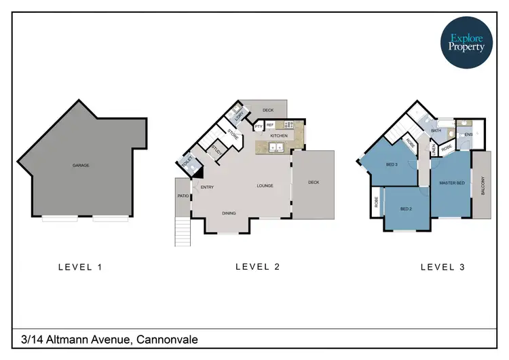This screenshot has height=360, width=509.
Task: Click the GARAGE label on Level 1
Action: (x=81, y=165)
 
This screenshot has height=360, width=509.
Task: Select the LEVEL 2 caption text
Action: (x=257, y=267)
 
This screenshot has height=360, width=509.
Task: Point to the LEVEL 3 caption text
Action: (x=442, y=267)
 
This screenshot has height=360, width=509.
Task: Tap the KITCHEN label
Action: (x=279, y=136)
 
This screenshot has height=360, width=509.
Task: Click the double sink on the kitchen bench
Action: (x=276, y=147)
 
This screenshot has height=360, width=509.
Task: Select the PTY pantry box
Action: (x=259, y=126)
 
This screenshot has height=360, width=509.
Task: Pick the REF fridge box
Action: (x=269, y=125)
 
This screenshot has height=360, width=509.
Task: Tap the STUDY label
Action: (x=216, y=151)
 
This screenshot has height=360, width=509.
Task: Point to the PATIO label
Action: (x=182, y=196)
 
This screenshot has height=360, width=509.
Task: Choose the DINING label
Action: (x=229, y=213)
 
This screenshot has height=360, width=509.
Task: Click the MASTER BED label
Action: (x=451, y=183)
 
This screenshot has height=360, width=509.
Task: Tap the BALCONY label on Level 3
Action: (x=483, y=186)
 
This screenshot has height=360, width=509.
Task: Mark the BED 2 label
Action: (x=407, y=209)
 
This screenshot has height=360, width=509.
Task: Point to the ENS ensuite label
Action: (x=468, y=135)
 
